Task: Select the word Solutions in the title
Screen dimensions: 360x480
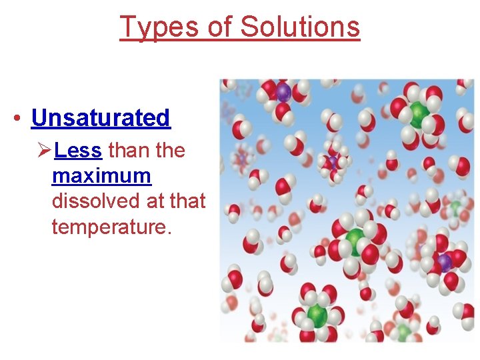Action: (x=300, y=27)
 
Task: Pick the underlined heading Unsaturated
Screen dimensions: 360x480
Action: (x=101, y=118)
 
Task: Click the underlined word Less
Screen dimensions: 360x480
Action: (x=78, y=151)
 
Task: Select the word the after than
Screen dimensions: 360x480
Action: (x=170, y=151)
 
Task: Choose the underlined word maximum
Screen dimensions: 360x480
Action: (x=101, y=176)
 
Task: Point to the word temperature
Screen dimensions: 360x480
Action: (x=111, y=227)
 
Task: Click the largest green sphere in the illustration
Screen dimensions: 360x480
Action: (x=356, y=239)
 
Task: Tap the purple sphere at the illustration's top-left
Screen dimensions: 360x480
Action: (x=284, y=92)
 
